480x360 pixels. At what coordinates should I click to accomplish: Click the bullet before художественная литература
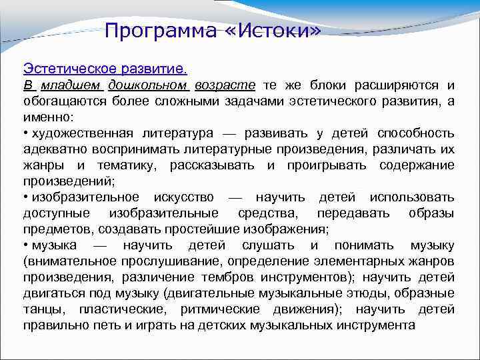click(26, 133)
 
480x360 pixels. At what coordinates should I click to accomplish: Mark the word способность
click(415, 133)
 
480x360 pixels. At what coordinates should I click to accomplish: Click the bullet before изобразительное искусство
click(26, 197)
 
